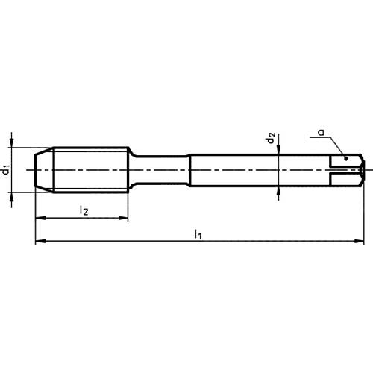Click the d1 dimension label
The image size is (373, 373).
6,169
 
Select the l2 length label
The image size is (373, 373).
85,211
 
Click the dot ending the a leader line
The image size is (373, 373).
345,157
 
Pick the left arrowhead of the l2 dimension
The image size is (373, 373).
40,219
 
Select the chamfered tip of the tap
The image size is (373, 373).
44,169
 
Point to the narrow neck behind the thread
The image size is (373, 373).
160,169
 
